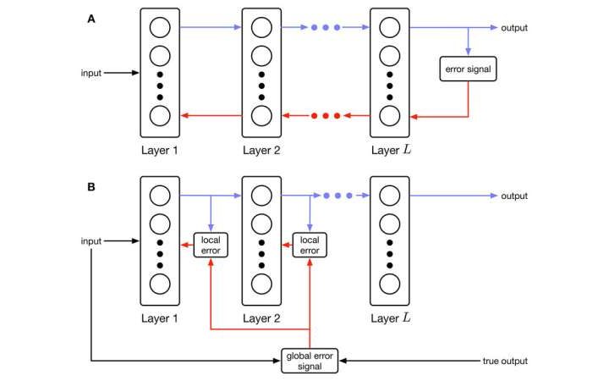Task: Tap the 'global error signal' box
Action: pos(310,361)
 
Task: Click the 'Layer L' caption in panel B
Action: pos(390,321)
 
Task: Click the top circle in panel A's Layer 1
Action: pos(160,28)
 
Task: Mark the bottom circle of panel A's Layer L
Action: pos(390,116)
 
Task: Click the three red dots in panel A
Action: pos(325,115)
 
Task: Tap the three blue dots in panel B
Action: pos(325,196)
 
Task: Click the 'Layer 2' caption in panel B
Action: pos(261,321)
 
